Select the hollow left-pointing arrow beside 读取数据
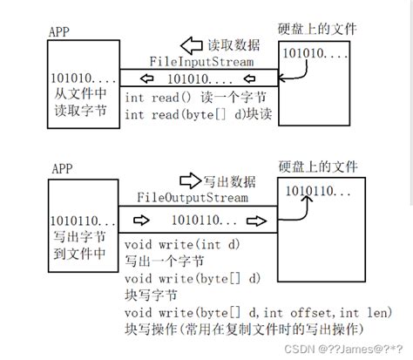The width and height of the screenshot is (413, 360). coord(191,44)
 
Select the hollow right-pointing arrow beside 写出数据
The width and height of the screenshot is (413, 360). coord(189,180)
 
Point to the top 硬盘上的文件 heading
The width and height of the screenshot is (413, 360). coord(319,30)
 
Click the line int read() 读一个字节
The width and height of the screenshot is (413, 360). coord(193,97)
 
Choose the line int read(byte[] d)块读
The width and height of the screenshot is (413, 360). coord(200,114)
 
